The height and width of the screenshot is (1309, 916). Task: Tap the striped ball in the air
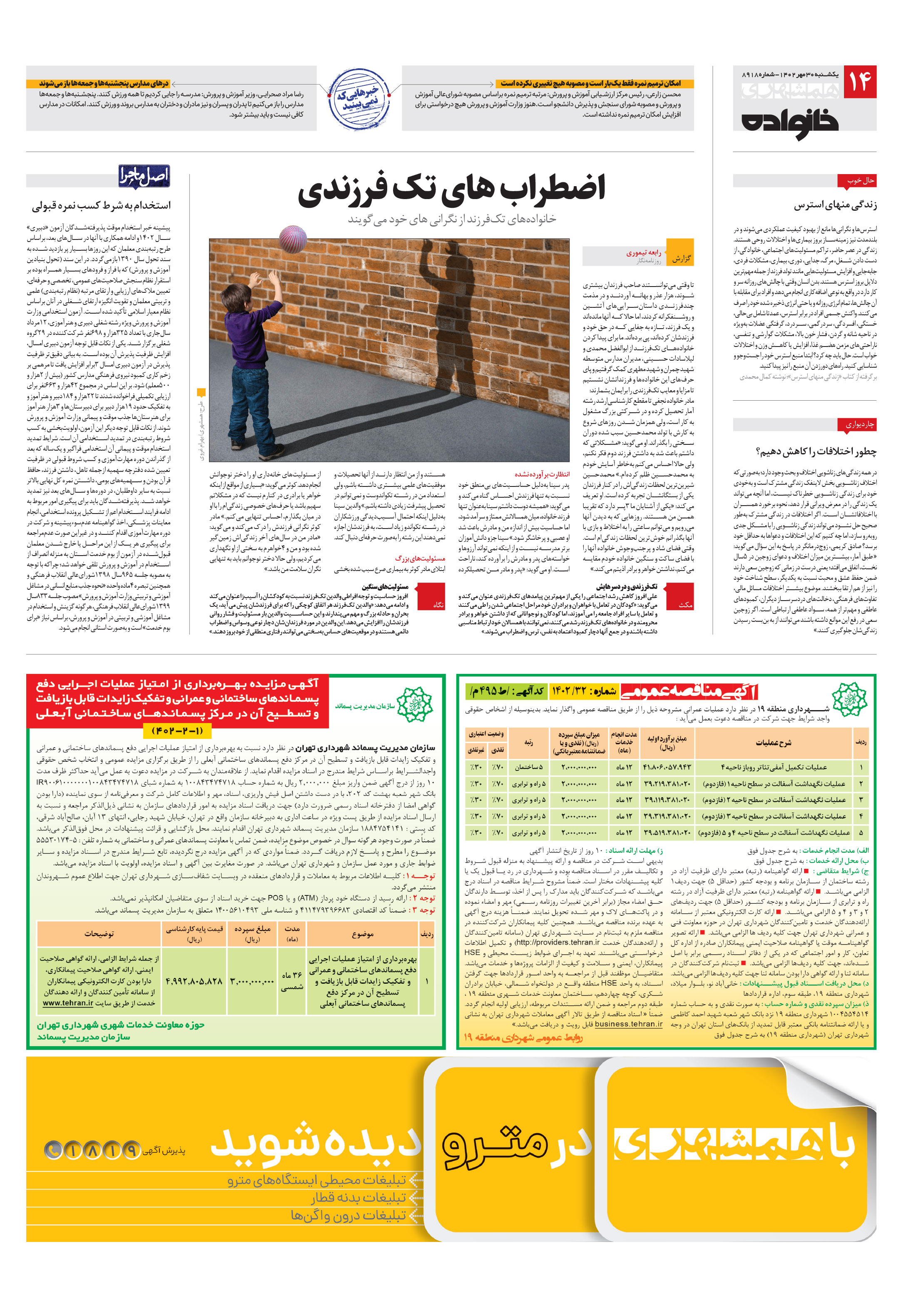293,239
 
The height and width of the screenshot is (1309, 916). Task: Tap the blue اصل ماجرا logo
144,176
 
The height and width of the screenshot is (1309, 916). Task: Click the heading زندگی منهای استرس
835,205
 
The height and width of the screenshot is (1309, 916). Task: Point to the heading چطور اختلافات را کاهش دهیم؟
816,451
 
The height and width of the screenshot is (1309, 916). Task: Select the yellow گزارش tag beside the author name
681,259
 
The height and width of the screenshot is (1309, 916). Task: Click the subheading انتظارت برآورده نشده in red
542,474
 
